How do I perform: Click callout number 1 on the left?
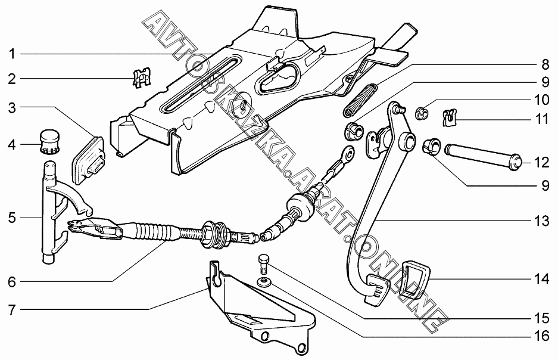(x=13, y=54)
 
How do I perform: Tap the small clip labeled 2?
(x=142, y=77)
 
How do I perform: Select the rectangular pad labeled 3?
(x=89, y=160)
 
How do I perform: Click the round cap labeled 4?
(x=49, y=142)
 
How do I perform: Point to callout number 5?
(x=13, y=218)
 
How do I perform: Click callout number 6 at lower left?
(x=13, y=282)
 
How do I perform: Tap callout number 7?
(x=13, y=311)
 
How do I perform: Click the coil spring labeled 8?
(x=360, y=100)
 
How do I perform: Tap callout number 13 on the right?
(x=542, y=221)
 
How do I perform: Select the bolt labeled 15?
(x=263, y=264)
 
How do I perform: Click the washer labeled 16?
(x=264, y=282)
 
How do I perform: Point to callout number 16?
(x=542, y=336)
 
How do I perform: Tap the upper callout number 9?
(x=545, y=83)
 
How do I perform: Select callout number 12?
(x=542, y=163)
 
